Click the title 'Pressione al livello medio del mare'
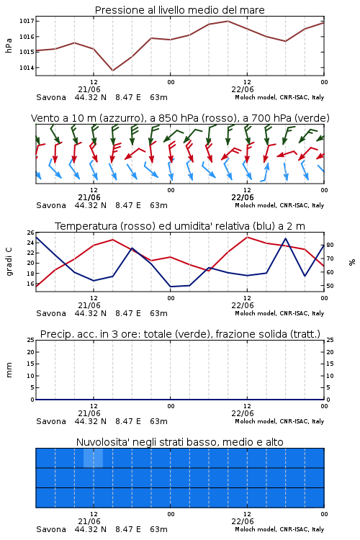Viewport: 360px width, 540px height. [179, 10]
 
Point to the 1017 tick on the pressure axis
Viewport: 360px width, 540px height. [27, 21]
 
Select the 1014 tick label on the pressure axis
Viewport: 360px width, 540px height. [27, 68]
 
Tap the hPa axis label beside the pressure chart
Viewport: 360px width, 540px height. [9, 45]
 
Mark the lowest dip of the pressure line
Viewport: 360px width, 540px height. [112, 71]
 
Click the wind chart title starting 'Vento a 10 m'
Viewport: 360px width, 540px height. [180, 118]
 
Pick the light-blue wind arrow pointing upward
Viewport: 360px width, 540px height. [265, 171]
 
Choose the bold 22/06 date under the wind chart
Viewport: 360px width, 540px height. [243, 198]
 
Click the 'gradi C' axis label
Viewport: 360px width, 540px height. [9, 262]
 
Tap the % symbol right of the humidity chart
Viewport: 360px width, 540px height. [352, 262]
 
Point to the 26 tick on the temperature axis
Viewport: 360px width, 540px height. [30, 233]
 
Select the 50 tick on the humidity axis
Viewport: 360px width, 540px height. [330, 286]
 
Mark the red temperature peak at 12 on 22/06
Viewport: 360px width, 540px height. [247, 237]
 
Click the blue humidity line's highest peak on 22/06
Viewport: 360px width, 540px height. [286, 238]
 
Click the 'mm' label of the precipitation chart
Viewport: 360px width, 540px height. [9, 370]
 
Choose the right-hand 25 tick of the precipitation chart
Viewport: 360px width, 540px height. [330, 340]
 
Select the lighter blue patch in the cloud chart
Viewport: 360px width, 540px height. [93, 458]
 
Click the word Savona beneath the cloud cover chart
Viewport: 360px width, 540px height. [51, 529]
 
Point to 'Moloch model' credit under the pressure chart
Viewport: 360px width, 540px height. [256, 97]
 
